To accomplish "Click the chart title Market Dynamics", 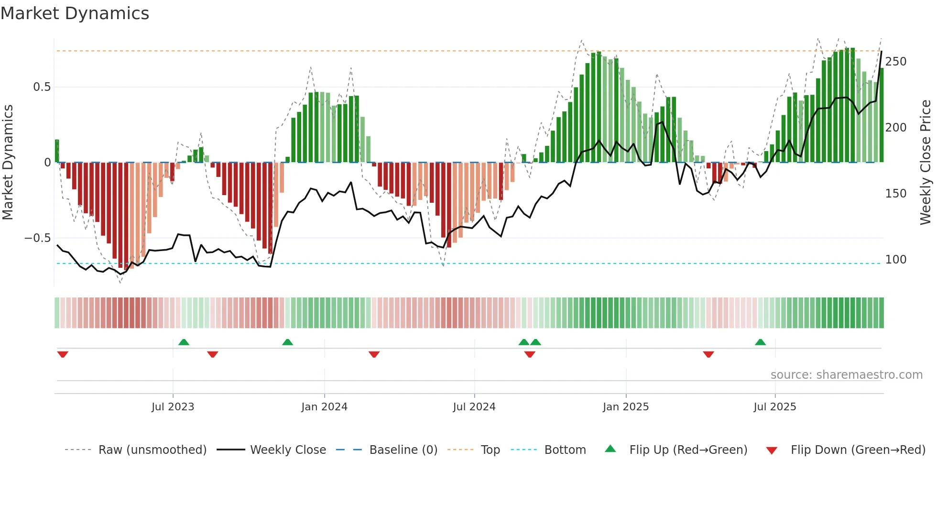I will [75, 13].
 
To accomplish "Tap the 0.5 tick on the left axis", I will [42, 87].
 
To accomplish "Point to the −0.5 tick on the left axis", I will [37, 238].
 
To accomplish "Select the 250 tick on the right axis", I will [895, 62].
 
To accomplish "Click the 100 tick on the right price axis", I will [895, 260].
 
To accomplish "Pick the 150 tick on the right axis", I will [895, 194].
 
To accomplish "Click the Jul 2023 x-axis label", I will [173, 407].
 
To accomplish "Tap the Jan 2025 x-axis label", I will [625, 407].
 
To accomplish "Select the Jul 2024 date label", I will [474, 407].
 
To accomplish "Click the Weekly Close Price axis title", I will [926, 163].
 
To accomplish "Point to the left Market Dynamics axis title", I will [8, 163].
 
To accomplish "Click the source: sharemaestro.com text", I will [846, 375].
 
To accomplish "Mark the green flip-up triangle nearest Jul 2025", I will [760, 342].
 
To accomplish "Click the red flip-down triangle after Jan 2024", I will [374, 354].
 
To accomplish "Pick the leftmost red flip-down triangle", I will [63, 354].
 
